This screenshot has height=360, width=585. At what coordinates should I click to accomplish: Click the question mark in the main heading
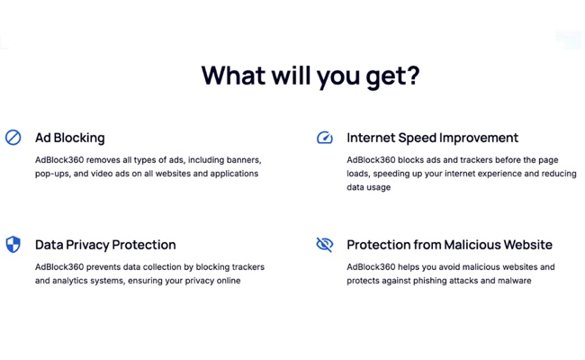(x=412, y=76)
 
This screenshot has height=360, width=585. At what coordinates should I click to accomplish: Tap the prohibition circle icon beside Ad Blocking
(x=13, y=138)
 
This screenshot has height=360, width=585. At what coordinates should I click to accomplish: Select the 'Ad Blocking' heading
(x=70, y=138)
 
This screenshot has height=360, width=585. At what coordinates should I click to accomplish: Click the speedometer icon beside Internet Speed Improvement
(x=325, y=138)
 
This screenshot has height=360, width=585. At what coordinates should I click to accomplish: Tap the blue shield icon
(x=13, y=244)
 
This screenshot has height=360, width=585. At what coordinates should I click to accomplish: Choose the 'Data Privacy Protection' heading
(x=105, y=245)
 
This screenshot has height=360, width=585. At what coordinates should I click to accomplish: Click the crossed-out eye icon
(x=325, y=244)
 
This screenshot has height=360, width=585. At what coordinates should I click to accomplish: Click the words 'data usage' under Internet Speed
(x=369, y=187)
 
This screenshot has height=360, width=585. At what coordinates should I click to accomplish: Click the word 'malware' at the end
(x=514, y=281)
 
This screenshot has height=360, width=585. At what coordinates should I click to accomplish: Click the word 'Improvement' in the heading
(x=483, y=138)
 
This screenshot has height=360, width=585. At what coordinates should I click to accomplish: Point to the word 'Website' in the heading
(x=526, y=245)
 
